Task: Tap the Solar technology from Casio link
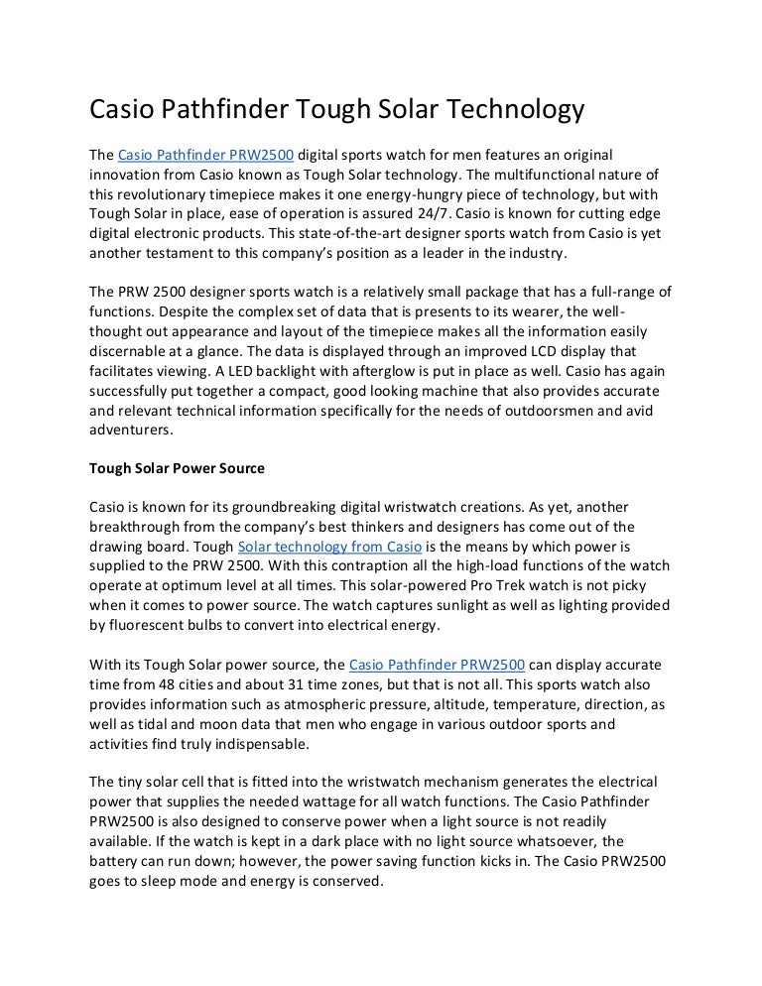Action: click(330, 547)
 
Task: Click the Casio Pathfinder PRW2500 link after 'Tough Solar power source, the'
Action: click(438, 663)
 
